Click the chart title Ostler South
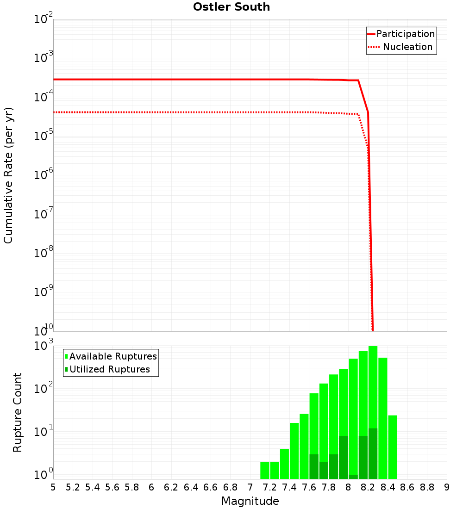pos(231,7)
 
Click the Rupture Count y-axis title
pos(18,412)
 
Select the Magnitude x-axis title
pos(250,501)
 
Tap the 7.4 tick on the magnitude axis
pos(289,487)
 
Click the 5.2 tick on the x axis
pos(73,487)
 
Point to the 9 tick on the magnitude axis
pos(447,487)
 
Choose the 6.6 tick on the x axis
pos(211,487)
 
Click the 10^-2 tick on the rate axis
pos(44,19)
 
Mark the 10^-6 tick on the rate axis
pos(44,175)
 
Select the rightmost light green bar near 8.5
pos(393,447)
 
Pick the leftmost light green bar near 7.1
pos(265,470)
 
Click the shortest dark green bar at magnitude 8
pos(353,477)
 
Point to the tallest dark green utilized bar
pos(373,453)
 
